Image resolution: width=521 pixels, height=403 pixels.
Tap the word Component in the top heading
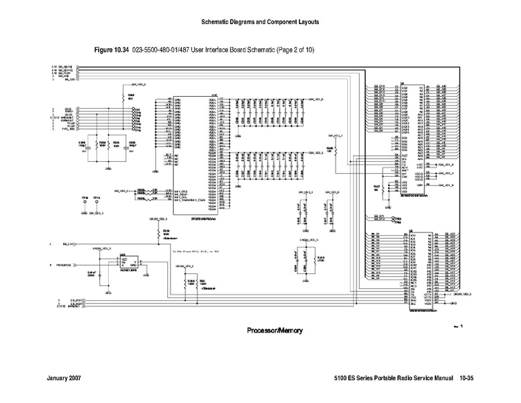pos(282,22)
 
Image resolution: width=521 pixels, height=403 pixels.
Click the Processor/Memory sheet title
pos(275,330)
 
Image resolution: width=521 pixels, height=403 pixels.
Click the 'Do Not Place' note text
pos(195,250)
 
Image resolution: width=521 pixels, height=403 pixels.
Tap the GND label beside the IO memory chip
pos(453,303)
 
